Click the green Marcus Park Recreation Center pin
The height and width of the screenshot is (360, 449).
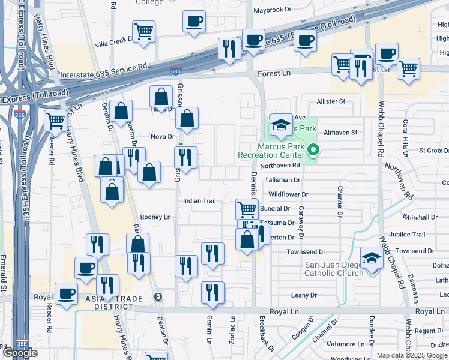click(x=312, y=150)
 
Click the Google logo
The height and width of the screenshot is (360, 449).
click(x=20, y=353)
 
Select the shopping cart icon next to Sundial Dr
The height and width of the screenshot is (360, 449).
click(x=247, y=209)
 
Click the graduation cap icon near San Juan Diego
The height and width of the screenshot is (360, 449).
click(x=372, y=259)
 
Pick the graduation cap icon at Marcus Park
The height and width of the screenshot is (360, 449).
click(x=280, y=125)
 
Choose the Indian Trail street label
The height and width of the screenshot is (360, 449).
click(x=199, y=201)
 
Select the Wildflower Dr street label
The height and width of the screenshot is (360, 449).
click(x=288, y=194)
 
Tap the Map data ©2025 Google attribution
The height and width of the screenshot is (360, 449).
click(x=412, y=355)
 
